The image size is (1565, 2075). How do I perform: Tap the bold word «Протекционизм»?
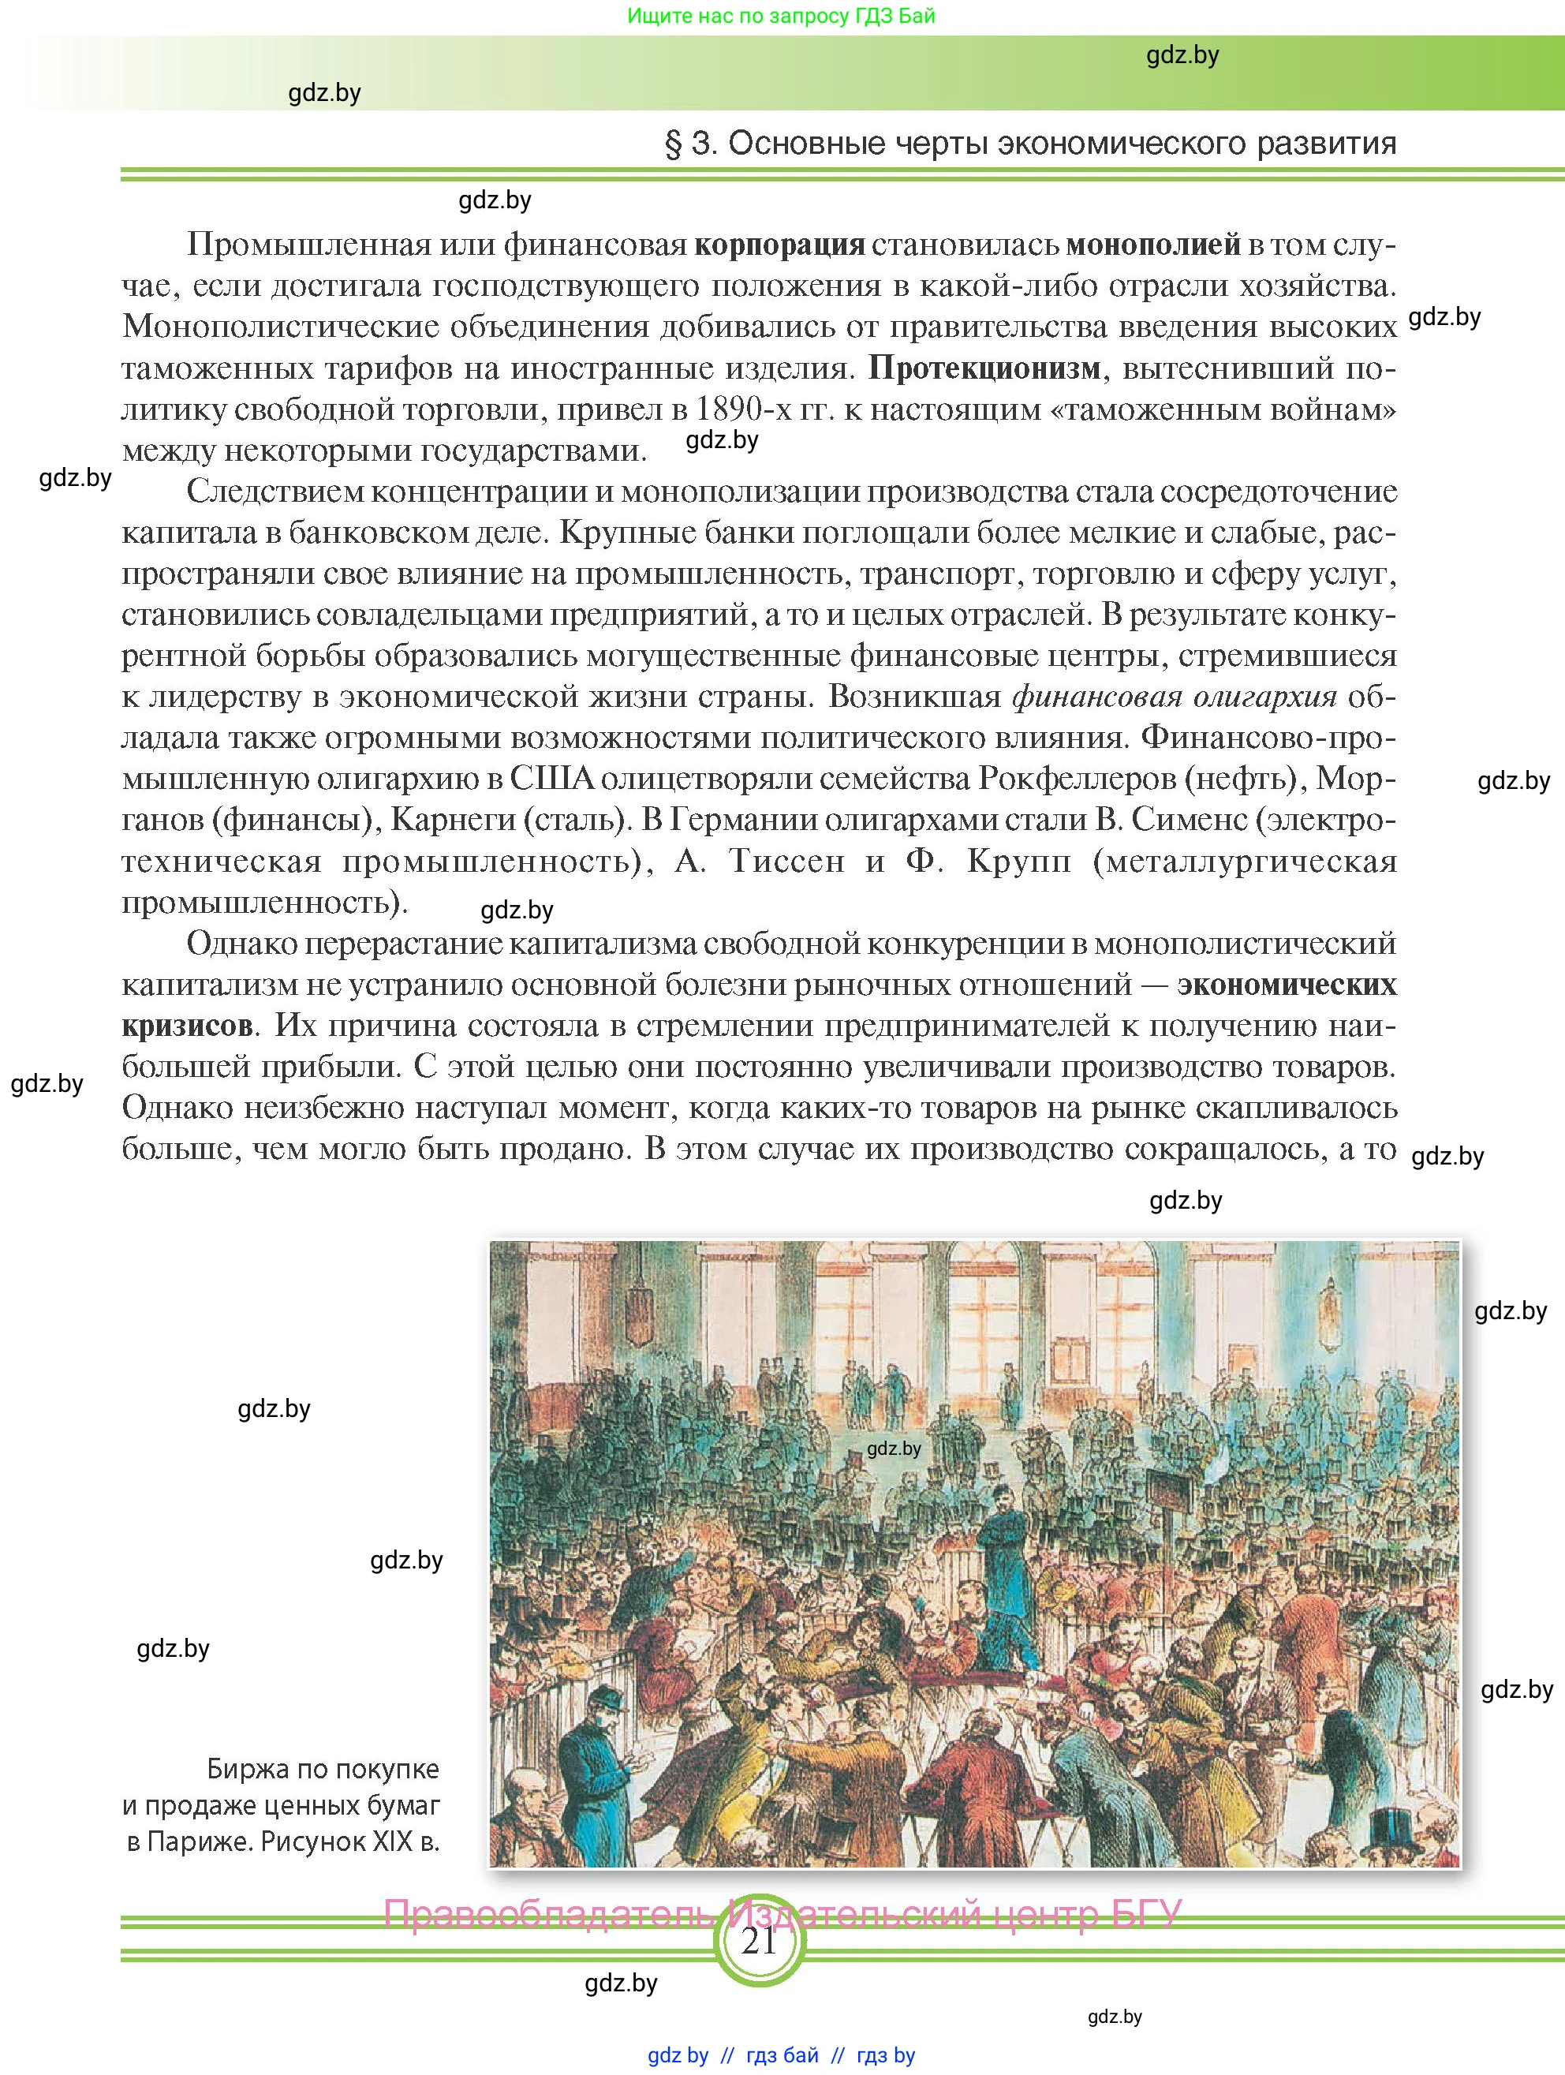(984, 368)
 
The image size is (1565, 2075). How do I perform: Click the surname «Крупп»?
(1018, 861)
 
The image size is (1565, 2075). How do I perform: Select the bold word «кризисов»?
(188, 1026)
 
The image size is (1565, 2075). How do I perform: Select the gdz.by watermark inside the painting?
(894, 1449)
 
